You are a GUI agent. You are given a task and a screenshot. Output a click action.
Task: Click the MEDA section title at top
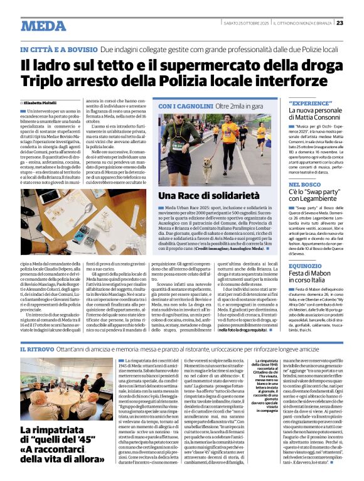click(x=43, y=26)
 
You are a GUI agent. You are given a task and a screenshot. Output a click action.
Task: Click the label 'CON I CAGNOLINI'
click(x=183, y=107)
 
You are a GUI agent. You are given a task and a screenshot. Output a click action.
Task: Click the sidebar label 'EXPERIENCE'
click(x=310, y=102)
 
